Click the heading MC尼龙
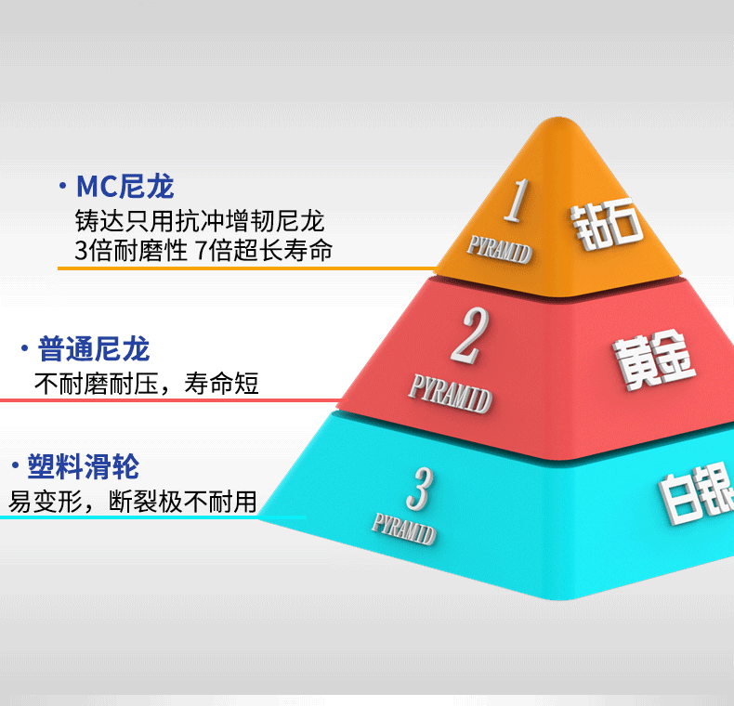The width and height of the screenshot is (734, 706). pyautogui.click(x=125, y=187)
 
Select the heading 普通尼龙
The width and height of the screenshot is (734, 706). pyautogui.click(x=94, y=348)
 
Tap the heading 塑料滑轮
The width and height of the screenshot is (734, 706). pyautogui.click(x=84, y=466)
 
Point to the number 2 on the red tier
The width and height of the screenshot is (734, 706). pyautogui.click(x=469, y=335)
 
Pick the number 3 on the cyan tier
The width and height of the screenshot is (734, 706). pyautogui.click(x=420, y=489)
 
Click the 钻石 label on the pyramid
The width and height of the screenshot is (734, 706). pyautogui.click(x=606, y=224)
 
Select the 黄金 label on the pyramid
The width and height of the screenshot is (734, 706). pyautogui.click(x=654, y=360)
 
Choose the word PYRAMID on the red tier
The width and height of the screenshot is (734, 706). pyautogui.click(x=451, y=394)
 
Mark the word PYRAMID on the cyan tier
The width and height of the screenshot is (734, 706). pyautogui.click(x=404, y=529)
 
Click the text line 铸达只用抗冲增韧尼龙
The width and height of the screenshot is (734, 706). pyautogui.click(x=200, y=221)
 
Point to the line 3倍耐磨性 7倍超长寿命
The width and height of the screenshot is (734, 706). pyautogui.click(x=203, y=250)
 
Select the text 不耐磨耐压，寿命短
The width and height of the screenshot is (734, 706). pyautogui.click(x=147, y=384)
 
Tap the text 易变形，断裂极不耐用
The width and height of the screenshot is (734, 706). pyautogui.click(x=133, y=502)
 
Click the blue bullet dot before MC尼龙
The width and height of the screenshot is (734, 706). pyautogui.click(x=63, y=186)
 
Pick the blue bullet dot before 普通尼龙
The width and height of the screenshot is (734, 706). pyautogui.click(x=24, y=348)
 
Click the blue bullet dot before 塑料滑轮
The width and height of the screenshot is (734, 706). pyautogui.click(x=16, y=465)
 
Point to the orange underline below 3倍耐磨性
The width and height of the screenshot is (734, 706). pyautogui.click(x=247, y=268)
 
